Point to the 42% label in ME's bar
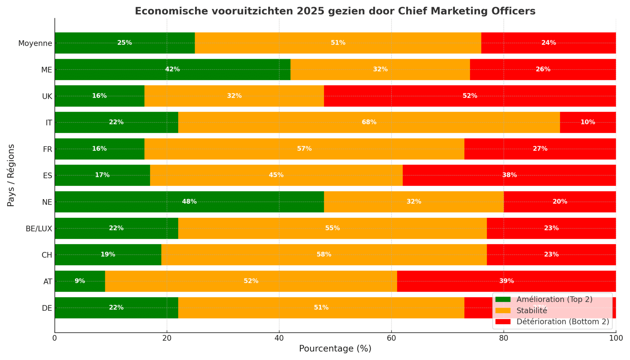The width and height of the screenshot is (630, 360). (172, 70)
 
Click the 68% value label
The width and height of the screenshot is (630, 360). (369, 122)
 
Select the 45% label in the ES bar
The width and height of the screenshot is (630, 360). (276, 175)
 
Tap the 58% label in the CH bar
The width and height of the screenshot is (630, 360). (324, 255)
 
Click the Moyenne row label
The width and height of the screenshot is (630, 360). (35, 43)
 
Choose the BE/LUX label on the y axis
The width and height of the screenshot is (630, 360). (39, 229)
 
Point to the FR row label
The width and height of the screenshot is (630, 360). (47, 149)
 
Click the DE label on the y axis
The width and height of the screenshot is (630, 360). (47, 308)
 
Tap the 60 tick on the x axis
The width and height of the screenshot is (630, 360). (391, 338)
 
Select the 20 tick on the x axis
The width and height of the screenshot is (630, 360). (167, 338)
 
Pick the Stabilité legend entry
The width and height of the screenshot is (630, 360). (532, 311)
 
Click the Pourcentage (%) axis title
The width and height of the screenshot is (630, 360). (335, 349)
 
